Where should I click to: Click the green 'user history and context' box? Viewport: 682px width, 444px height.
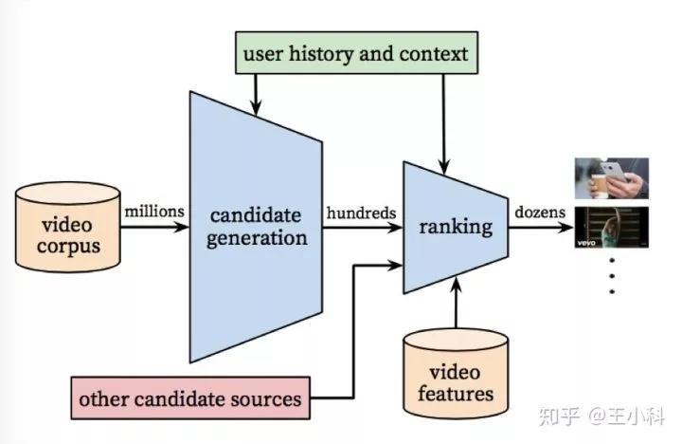tap(355, 53)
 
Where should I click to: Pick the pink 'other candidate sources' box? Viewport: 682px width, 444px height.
tap(190, 398)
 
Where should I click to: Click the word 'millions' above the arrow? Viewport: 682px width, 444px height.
tap(154, 212)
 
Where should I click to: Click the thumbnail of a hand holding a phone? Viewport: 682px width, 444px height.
tap(611, 178)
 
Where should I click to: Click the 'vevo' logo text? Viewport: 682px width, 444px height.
tap(585, 243)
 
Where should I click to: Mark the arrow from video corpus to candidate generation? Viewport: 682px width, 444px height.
tap(154, 228)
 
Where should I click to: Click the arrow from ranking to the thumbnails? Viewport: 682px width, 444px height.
tap(541, 228)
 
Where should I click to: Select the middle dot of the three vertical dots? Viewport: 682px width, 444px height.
tap(611, 276)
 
